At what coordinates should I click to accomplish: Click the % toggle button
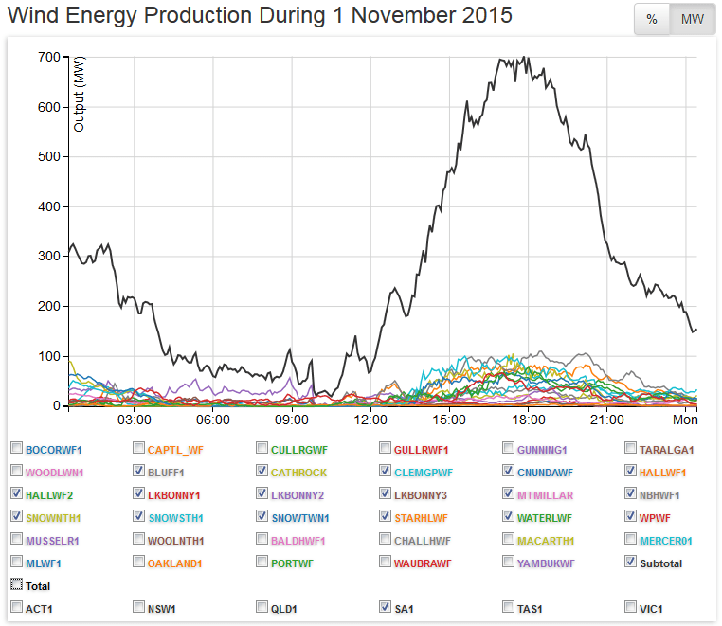point(652,20)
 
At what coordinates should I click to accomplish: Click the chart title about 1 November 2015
point(260,16)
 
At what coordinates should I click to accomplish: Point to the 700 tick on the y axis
point(48,58)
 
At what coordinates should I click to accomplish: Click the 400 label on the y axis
point(48,207)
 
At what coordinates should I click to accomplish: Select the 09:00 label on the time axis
point(291,419)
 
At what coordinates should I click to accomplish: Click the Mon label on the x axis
point(685,419)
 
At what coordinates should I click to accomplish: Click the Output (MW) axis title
point(80,94)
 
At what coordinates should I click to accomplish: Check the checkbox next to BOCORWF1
point(16,448)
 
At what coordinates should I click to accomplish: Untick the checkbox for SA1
point(386,607)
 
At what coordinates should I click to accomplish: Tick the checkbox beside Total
point(16,585)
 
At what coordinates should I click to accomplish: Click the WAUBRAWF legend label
point(423,563)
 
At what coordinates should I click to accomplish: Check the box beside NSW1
point(139,607)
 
